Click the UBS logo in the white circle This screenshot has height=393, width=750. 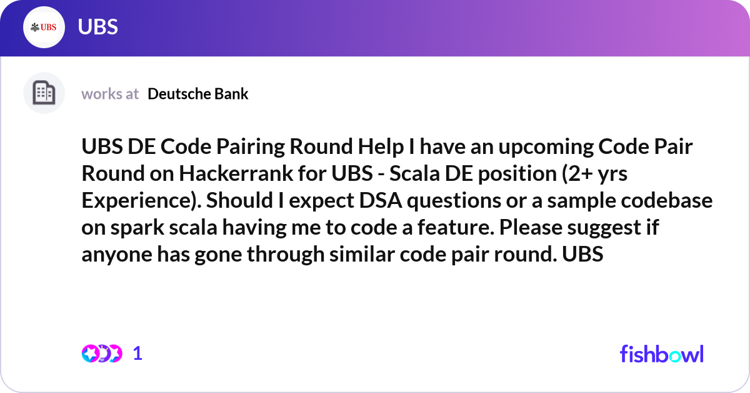tap(44, 27)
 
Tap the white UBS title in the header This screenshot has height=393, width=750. tap(97, 27)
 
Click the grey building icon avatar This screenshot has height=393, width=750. tap(44, 93)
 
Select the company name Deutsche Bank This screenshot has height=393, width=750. tap(198, 94)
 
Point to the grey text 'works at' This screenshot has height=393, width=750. tap(110, 94)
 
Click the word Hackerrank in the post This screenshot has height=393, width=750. tap(236, 173)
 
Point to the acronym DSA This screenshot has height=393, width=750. tap(381, 200)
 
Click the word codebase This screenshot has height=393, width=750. tap(667, 200)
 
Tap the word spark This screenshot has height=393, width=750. tap(137, 228)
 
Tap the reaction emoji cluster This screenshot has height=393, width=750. tap(102, 354)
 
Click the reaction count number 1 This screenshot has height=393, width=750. tap(137, 354)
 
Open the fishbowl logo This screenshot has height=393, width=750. tap(662, 354)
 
